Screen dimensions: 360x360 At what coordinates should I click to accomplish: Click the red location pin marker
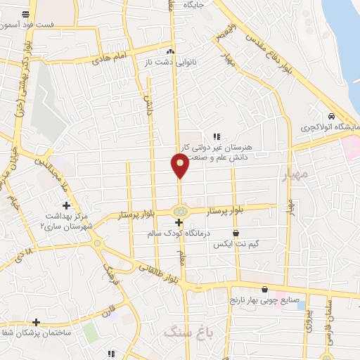(x=180, y=166)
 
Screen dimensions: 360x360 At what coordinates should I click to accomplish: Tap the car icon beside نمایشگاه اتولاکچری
(x=330, y=117)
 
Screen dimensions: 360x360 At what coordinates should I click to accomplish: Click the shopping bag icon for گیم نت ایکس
(x=236, y=233)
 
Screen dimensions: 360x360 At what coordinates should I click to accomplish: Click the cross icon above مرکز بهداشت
(x=66, y=205)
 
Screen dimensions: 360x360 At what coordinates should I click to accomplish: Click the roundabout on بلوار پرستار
(x=180, y=210)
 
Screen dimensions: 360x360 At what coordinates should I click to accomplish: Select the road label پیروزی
(x=308, y=323)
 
